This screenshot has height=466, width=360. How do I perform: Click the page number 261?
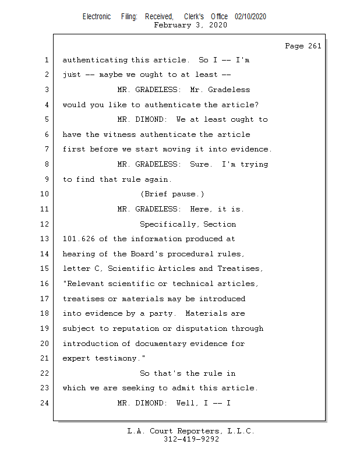(x=314, y=46)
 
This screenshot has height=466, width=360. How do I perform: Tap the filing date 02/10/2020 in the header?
(x=250, y=17)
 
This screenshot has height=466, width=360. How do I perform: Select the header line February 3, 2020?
(x=190, y=25)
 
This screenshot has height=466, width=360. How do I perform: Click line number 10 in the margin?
(x=46, y=194)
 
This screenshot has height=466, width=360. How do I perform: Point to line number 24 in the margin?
(x=46, y=403)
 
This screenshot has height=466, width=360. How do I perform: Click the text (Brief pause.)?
(x=172, y=194)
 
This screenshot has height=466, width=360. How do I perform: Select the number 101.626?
(x=79, y=239)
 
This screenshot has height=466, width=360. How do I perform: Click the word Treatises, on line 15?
(x=240, y=269)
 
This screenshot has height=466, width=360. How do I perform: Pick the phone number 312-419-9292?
(x=191, y=439)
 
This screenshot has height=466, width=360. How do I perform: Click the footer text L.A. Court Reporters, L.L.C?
(x=190, y=431)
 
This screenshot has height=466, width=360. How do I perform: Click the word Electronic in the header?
(x=97, y=17)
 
